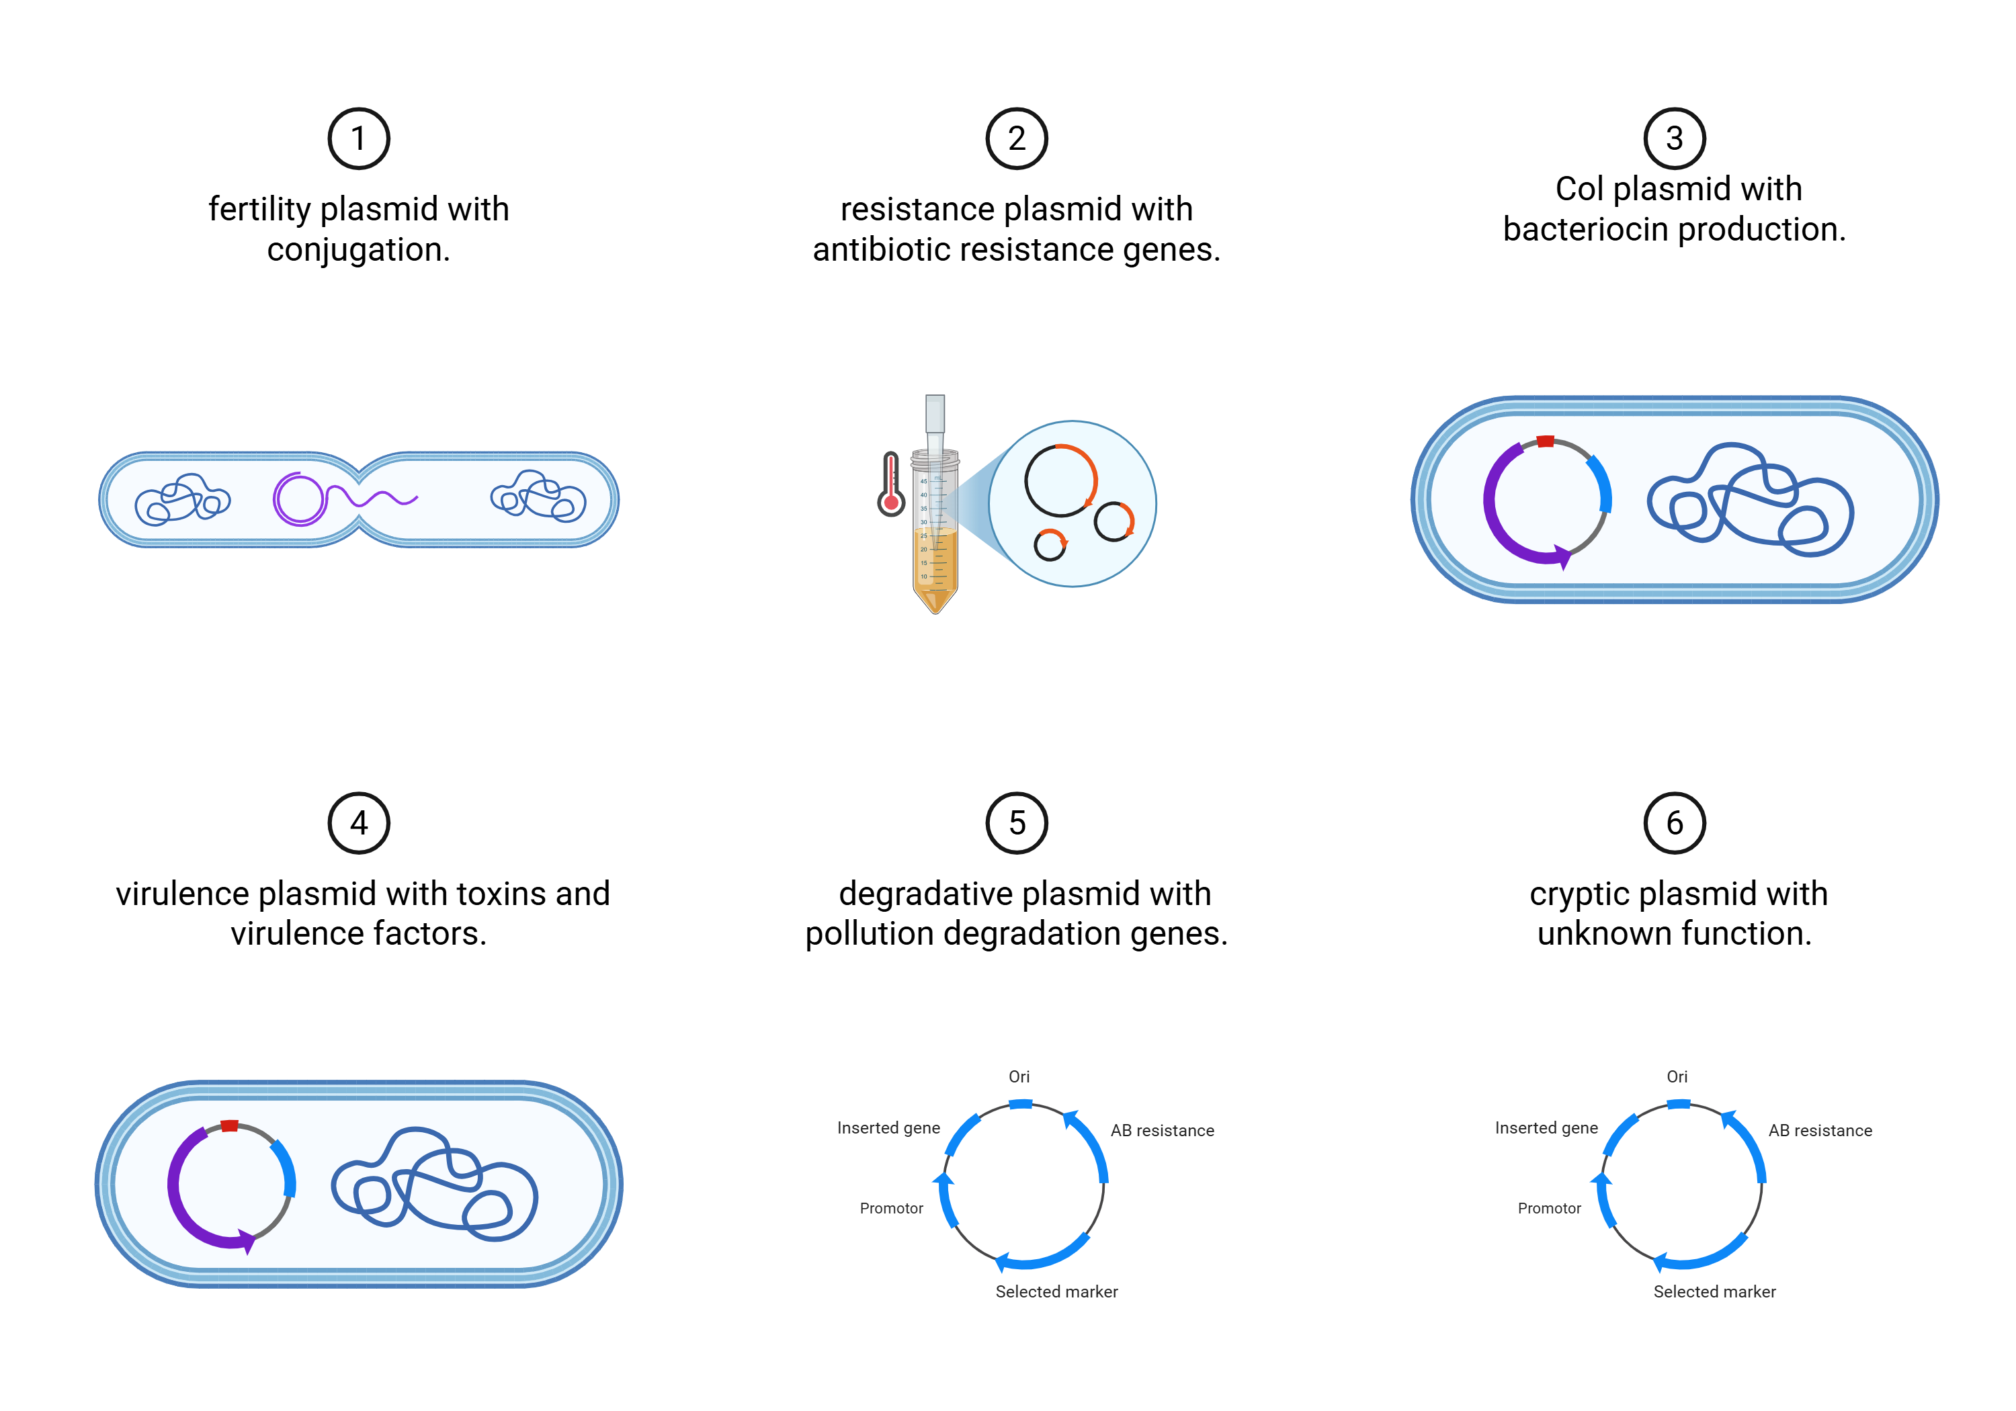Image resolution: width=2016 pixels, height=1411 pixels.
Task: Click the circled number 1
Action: click(358, 138)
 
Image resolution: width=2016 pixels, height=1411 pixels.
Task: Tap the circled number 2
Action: click(1017, 138)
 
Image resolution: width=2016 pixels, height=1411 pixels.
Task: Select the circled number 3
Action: click(1675, 138)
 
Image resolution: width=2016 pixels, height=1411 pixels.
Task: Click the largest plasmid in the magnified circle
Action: click(1060, 480)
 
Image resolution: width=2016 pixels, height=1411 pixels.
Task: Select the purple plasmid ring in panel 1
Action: click(300, 499)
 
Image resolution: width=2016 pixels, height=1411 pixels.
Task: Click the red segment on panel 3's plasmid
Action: click(1546, 441)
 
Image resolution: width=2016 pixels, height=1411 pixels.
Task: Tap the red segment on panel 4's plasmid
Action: click(229, 1125)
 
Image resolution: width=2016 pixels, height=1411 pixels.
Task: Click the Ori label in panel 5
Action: click(1019, 1076)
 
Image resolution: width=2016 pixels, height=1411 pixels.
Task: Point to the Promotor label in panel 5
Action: click(891, 1208)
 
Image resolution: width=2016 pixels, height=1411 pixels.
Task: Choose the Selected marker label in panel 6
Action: click(1714, 1291)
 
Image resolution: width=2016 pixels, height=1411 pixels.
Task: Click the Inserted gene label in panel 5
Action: click(888, 1128)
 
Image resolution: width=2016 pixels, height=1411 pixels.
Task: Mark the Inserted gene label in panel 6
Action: click(1546, 1128)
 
